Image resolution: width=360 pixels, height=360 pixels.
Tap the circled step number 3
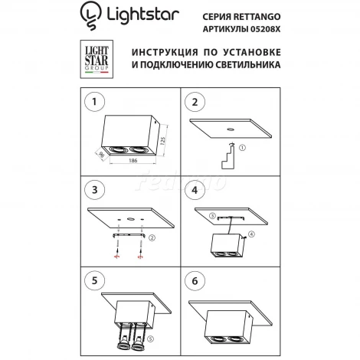click(x=94, y=189)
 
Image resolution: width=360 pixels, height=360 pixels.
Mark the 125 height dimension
click(x=164, y=142)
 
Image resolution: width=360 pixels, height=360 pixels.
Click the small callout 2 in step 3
click(x=152, y=238)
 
